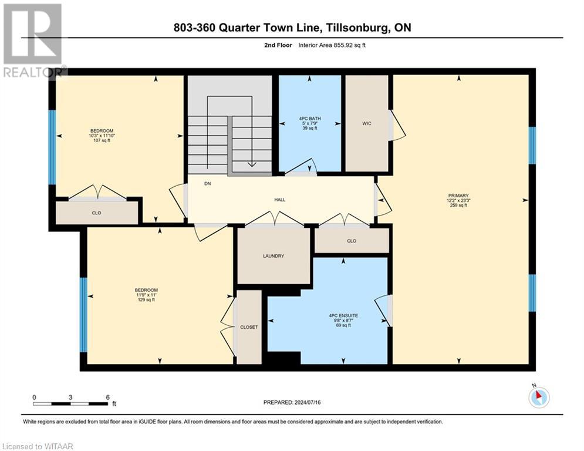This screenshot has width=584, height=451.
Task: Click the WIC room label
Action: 367,123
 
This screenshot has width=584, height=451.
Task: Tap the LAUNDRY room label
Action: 273,256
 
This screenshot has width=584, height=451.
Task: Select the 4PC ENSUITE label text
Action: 343,315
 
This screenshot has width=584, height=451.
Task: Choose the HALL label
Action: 280,200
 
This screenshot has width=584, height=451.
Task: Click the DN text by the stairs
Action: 207,184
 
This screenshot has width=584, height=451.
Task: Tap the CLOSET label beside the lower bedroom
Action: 248,327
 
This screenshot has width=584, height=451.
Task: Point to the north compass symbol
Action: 539,398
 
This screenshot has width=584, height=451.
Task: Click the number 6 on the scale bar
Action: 107,398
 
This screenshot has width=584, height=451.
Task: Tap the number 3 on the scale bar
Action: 70,398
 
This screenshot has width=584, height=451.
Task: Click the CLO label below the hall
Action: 352,241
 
